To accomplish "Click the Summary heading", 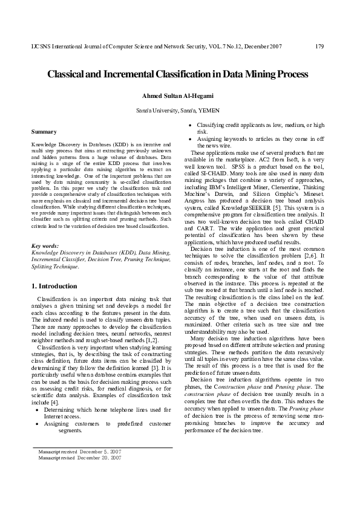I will pos(44,131).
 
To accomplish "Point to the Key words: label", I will pos(45,247).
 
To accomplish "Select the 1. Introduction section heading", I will pos(54,285).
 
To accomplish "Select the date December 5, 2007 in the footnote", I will pos(99,451).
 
